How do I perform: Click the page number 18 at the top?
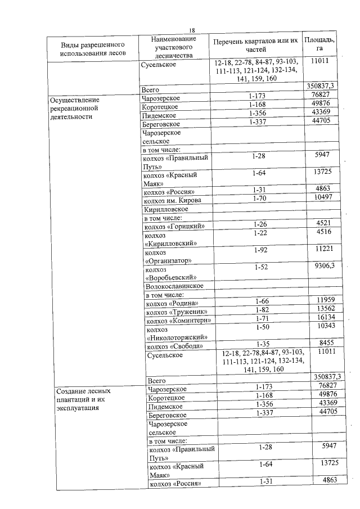tap(192, 30)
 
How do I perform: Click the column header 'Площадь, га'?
tap(319, 45)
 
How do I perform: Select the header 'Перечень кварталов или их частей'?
tap(255, 45)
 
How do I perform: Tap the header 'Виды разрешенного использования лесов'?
tap(92, 48)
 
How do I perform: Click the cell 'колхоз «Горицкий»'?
tap(174, 227)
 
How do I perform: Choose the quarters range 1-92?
tap(259, 250)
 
